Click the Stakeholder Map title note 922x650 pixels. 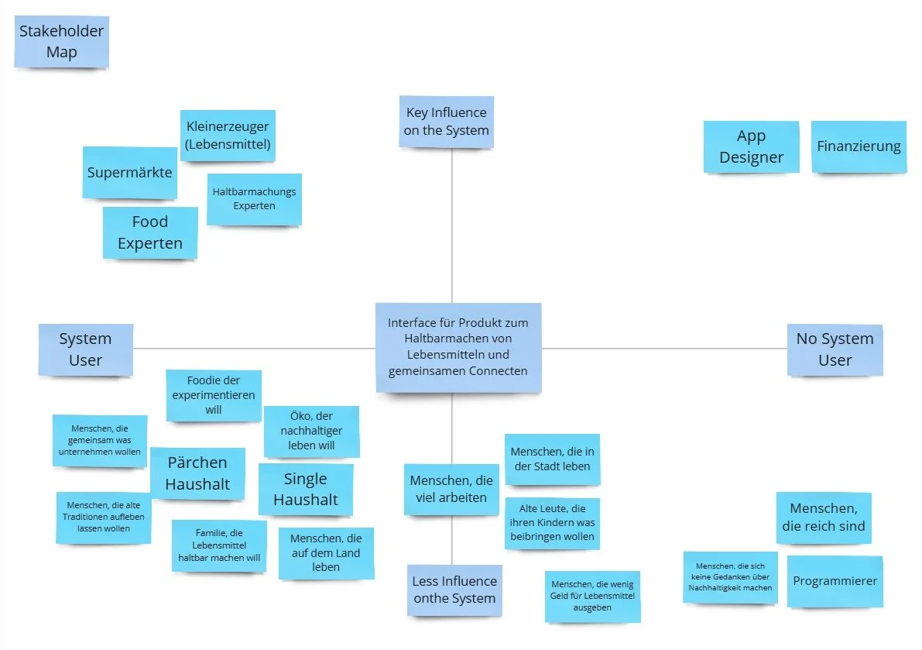point(62,43)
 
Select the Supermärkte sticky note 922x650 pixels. point(129,172)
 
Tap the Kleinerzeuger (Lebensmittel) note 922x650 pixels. point(228,135)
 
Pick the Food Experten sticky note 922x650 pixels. point(150,232)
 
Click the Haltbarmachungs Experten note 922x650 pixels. point(254,198)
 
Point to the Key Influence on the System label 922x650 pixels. point(447,122)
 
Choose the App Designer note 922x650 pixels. point(751,146)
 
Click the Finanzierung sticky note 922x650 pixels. point(859,146)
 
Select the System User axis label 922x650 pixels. point(86,349)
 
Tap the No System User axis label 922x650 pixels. point(835,349)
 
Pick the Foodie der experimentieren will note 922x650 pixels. point(214,395)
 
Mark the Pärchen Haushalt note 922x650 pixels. point(197,473)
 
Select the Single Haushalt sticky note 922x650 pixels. point(305,489)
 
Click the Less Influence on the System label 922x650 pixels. point(454,590)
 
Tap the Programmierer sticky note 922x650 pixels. point(835,581)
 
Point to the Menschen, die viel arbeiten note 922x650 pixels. point(451,489)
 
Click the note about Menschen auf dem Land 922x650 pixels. point(326,552)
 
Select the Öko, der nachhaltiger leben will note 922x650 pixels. point(311,432)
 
